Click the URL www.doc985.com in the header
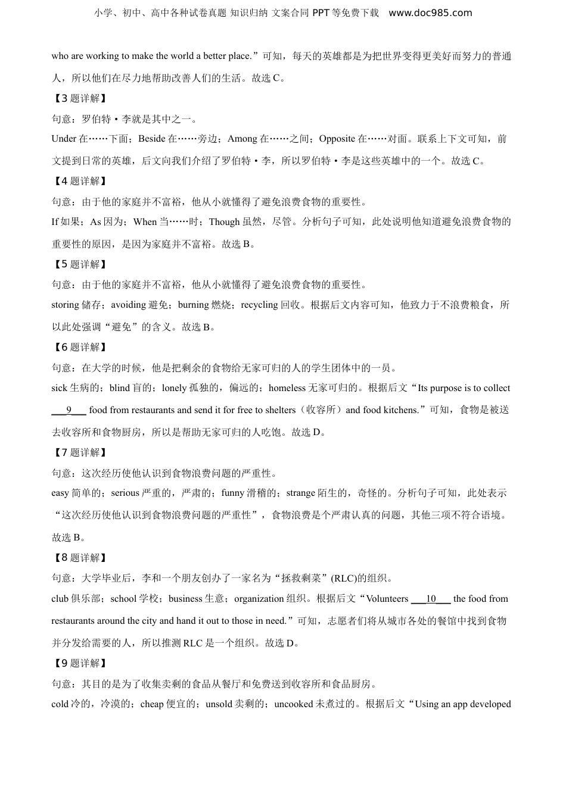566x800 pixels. point(430,13)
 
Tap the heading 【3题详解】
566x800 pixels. point(79,98)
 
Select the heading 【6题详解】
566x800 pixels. point(79,347)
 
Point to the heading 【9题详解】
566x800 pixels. point(79,663)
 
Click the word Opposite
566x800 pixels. point(337,139)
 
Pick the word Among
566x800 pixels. point(242,139)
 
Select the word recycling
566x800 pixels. point(259,305)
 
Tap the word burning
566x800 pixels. point(194,305)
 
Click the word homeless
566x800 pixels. point(287,388)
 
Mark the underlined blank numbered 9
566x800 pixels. point(69,410)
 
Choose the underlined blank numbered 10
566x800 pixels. point(431,599)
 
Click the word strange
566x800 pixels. point(301,493)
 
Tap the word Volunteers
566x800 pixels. point(387,599)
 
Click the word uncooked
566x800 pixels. point(294,704)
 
